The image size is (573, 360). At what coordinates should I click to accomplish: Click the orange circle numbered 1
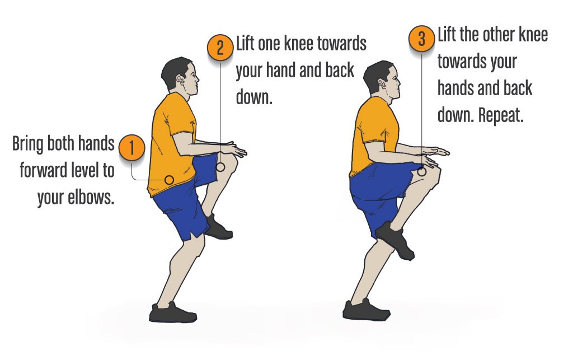[x=131, y=148]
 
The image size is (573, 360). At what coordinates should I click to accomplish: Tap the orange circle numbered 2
[x=220, y=48]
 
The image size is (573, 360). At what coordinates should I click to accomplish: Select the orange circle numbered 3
[x=422, y=38]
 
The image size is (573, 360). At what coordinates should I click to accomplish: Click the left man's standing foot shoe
[x=172, y=313]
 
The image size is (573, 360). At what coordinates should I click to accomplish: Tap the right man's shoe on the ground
[x=366, y=310]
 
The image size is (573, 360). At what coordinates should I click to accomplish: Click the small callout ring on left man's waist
[x=169, y=180]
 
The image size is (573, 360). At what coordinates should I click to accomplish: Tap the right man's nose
[x=399, y=84]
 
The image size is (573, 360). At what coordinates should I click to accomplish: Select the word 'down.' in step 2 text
[x=255, y=97]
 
